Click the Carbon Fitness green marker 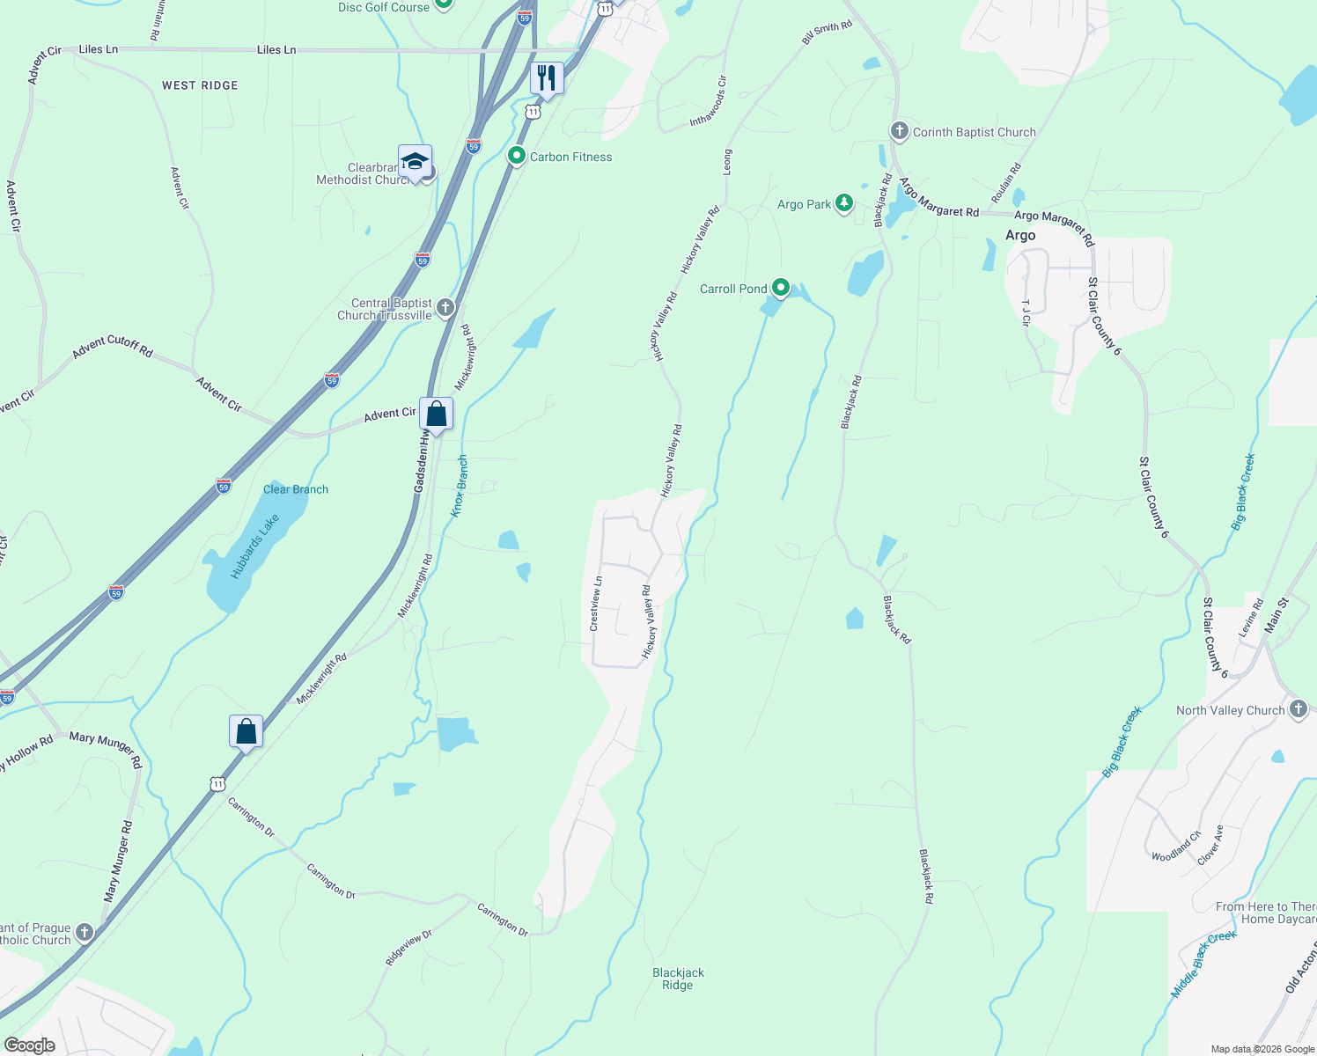tap(518, 157)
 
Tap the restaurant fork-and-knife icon tap(547, 79)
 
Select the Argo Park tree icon tap(844, 204)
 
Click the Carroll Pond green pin tap(780, 288)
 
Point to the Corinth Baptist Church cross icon tap(899, 132)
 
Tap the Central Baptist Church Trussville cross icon tap(445, 308)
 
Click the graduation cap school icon tap(415, 162)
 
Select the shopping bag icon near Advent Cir tap(436, 414)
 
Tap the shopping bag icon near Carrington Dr tap(246, 731)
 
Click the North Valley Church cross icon tap(1299, 709)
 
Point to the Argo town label tap(1020, 235)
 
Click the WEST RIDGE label tap(200, 85)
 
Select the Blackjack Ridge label tap(678, 979)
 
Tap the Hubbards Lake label tap(255, 546)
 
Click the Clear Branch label tap(296, 489)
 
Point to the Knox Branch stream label tap(459, 487)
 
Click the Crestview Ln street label tap(596, 604)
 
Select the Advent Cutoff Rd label tap(113, 347)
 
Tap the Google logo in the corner tap(30, 1045)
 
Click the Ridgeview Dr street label tap(408, 948)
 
